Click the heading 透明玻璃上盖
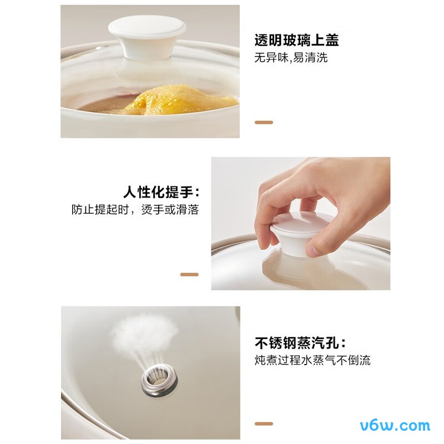[296, 41]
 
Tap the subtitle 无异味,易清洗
[291, 58]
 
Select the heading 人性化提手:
[161, 193]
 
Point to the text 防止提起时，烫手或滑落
[135, 210]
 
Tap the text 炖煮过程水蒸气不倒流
[312, 361]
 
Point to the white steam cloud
[146, 333]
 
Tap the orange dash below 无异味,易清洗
[263, 122]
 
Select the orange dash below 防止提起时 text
[189, 274]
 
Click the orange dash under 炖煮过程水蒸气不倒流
[263, 424]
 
